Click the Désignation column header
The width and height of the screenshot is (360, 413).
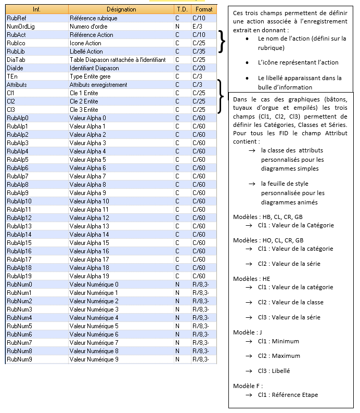[121, 9]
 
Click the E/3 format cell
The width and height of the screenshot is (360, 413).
[197, 26]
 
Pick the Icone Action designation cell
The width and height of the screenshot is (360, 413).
[85, 43]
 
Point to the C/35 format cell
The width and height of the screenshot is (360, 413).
[199, 51]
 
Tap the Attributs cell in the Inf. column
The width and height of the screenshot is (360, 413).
[17, 84]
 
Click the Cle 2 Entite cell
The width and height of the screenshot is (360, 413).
[84, 101]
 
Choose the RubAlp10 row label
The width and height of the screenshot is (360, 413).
[19, 201]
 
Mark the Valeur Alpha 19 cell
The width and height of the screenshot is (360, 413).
[89, 276]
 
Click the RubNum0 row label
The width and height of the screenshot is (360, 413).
[19, 284]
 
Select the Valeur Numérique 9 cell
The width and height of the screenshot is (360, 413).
[94, 359]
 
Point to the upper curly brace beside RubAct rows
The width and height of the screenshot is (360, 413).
[222, 42]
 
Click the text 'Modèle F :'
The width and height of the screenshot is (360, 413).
[248, 385]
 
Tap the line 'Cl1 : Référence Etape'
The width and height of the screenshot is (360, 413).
[288, 395]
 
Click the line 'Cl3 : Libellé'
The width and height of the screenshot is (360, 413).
[274, 371]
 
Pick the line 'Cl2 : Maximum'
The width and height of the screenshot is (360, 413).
[279, 356]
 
